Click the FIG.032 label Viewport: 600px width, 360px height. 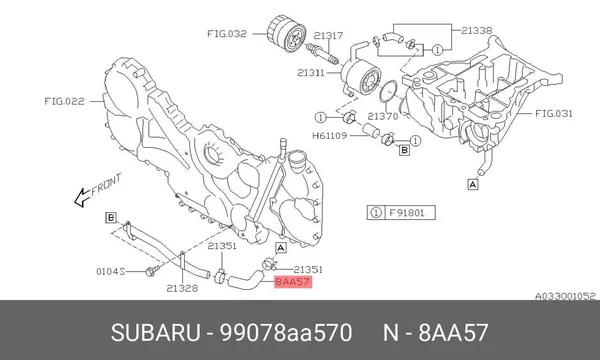click(x=227, y=34)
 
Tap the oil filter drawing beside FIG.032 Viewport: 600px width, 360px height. click(x=286, y=33)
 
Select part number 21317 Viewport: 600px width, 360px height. click(x=328, y=36)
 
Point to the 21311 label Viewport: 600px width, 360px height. click(x=311, y=72)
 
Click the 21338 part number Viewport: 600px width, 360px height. click(x=476, y=30)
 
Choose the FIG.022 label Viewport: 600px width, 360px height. click(x=64, y=101)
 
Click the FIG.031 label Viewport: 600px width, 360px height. click(x=553, y=113)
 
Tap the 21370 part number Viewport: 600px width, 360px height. click(x=383, y=116)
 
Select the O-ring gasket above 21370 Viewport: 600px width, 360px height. click(x=389, y=92)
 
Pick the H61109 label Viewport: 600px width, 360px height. click(x=329, y=135)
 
